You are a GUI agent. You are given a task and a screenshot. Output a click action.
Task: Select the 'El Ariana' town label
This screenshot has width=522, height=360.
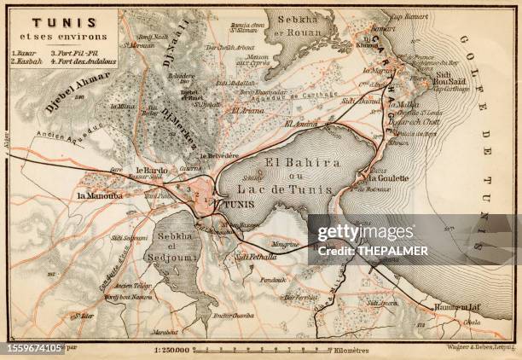[x=245, y=110]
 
